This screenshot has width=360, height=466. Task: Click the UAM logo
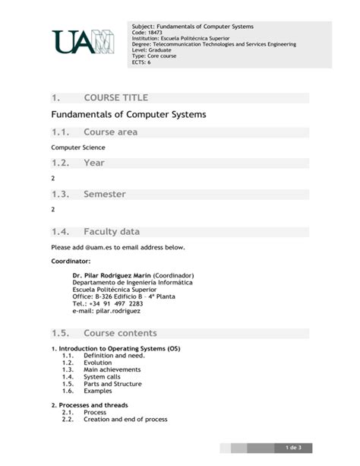point(84,42)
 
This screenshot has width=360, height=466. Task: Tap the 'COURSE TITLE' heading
point(115,98)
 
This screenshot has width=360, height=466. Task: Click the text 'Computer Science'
point(78,147)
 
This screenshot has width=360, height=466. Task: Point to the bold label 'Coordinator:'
point(71,262)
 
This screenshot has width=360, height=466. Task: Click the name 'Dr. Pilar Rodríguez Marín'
point(112,274)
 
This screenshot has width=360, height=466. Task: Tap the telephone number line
point(107,303)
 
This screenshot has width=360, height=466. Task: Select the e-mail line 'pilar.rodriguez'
point(106,311)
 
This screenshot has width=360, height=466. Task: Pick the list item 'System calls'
point(102,376)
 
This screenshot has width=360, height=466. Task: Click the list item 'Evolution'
point(97,363)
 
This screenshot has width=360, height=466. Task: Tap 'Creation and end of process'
point(125,419)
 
